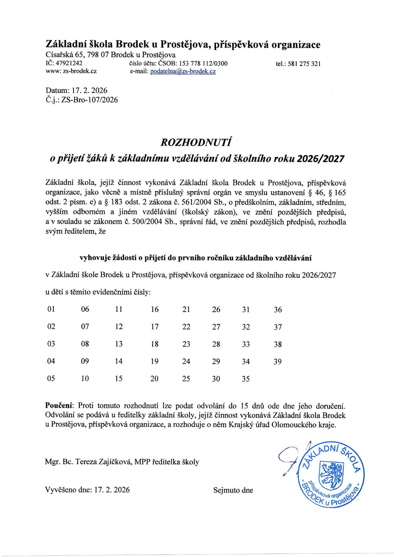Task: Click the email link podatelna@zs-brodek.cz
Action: tap(183, 71)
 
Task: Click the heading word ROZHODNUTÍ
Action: tap(196, 142)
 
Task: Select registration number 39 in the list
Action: tap(277, 361)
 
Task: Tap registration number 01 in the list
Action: tap(51, 309)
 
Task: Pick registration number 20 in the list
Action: tap(154, 379)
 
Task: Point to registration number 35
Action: tap(245, 379)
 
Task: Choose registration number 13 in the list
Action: tap(119, 344)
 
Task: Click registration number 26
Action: tap(216, 309)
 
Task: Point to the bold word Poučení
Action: tap(60, 405)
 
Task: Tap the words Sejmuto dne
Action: tap(233, 490)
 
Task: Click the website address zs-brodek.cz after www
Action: tap(80, 71)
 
